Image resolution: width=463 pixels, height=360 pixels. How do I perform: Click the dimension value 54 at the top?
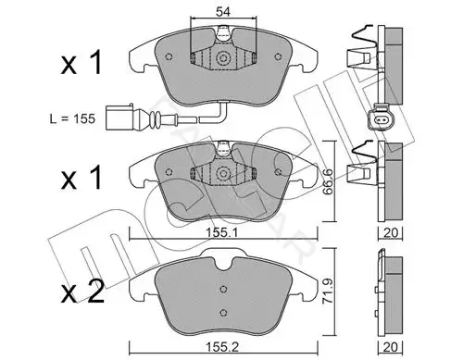click(223, 12)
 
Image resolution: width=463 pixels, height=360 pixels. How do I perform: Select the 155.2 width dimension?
click(222, 347)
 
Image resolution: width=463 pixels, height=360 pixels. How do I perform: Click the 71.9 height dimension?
click(328, 291)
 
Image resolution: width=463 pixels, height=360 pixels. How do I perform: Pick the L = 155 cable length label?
click(72, 118)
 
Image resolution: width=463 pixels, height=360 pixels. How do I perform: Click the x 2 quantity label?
click(82, 292)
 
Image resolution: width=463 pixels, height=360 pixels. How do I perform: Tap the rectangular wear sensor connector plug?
click(119, 118)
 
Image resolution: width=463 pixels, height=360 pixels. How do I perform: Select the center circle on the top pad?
click(222, 58)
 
